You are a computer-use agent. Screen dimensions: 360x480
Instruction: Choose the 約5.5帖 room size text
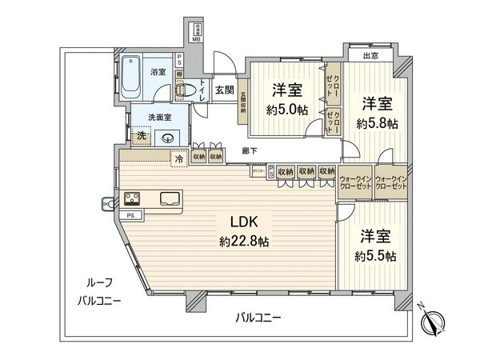pyautogui.click(x=374, y=256)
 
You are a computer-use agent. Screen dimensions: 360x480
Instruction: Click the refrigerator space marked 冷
pyautogui.click(x=180, y=157)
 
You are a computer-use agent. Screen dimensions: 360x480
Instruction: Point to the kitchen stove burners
pyautogui.click(x=131, y=198)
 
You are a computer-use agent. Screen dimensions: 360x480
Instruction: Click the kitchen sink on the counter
pyautogui.click(x=170, y=198)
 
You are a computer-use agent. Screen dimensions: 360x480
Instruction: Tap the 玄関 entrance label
pyautogui.click(x=224, y=90)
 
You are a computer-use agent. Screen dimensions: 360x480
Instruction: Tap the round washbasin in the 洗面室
pyautogui.click(x=168, y=138)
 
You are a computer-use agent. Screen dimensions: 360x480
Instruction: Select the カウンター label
pyautogui.click(x=259, y=171)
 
